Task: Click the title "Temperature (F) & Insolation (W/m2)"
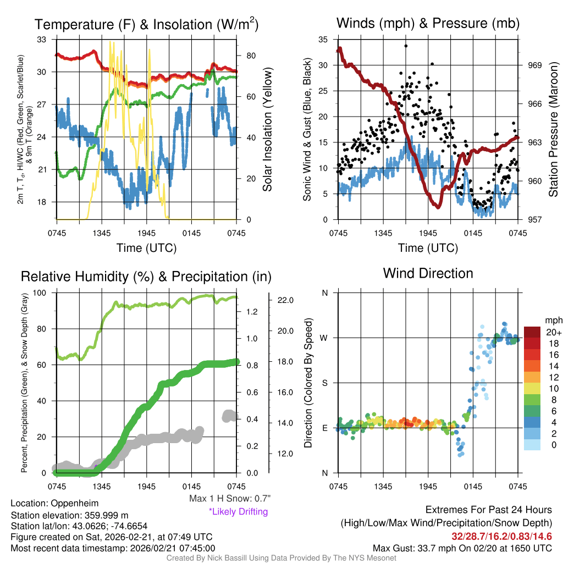click(x=146, y=24)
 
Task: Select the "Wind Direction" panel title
click(x=428, y=273)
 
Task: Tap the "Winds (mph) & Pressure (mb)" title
click(x=428, y=23)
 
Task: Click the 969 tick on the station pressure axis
click(x=535, y=65)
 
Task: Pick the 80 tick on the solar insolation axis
click(x=250, y=56)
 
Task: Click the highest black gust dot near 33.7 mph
click(x=406, y=46)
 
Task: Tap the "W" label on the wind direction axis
click(x=324, y=338)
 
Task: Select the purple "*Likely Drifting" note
click(x=238, y=512)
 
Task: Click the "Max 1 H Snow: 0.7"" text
click(x=230, y=499)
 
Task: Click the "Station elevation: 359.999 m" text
click(x=69, y=515)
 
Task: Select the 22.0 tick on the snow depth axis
click(x=287, y=300)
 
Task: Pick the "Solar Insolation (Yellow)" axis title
click(x=267, y=130)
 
